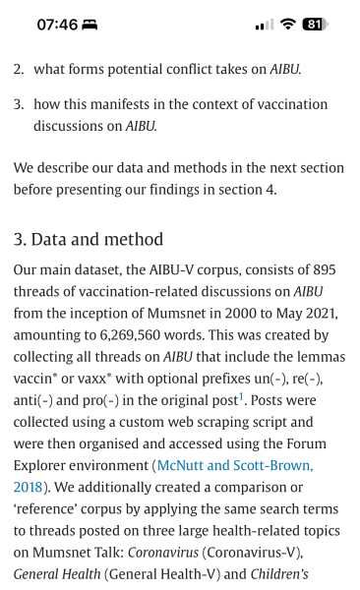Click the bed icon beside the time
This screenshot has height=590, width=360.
[x=91, y=25]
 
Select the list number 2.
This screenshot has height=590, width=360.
[x=19, y=70]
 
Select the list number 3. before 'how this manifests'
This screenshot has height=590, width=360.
[x=19, y=104]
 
